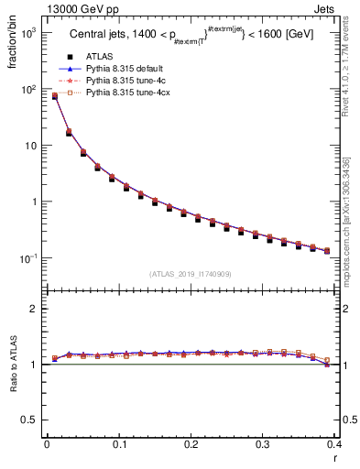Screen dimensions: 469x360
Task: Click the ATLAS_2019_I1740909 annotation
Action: click(191, 274)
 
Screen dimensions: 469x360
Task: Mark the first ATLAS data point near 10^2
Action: click(54, 95)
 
